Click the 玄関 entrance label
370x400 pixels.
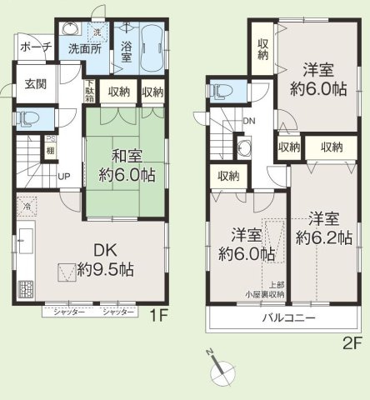click(x=36, y=83)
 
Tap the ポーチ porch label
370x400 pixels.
click(x=35, y=46)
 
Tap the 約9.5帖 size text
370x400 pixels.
click(x=103, y=269)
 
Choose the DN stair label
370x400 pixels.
click(x=248, y=121)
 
